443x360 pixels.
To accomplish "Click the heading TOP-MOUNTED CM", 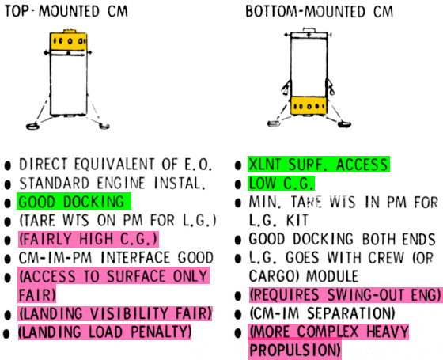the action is pos(66,11).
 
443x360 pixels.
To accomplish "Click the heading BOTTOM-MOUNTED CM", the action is pos(320,12).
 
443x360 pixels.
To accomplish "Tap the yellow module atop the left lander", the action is pos(68,41).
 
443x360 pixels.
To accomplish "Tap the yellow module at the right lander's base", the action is pos(309,106).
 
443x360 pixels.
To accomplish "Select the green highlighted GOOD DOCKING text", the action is pos(71,202).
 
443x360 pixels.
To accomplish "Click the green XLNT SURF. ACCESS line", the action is pos(318,165).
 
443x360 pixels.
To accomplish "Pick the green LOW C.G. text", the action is pos(281,184).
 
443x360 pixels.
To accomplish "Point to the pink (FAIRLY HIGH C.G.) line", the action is pos(88,239).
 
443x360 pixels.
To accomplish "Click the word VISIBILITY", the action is pos(130,313).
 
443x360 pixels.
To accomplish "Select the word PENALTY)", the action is pos(161,332).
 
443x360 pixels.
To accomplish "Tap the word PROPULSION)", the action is pos(295,350).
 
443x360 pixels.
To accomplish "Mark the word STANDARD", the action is pos(54,184).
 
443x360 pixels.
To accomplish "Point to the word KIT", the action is pos(297,221).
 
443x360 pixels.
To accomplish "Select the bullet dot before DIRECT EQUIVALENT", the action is pos(8,166).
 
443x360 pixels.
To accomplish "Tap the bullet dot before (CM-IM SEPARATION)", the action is pos(238,314).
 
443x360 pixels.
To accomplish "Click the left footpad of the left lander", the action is pos(32,126).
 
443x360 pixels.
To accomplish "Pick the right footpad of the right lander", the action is pos(344,123).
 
